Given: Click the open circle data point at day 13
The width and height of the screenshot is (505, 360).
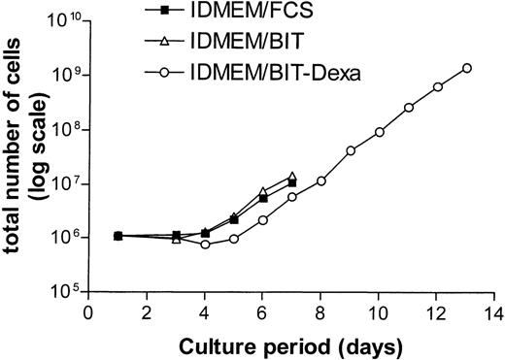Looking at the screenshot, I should tap(467, 68).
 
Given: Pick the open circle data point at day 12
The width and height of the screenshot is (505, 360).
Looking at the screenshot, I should tap(438, 86).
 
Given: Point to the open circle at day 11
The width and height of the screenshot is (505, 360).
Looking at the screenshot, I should tap(409, 107).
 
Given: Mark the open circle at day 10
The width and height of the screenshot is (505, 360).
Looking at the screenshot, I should tap(380, 132).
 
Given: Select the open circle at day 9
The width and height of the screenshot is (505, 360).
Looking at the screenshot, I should tap(351, 150).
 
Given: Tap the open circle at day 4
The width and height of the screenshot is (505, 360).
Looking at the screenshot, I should tap(205, 245).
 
